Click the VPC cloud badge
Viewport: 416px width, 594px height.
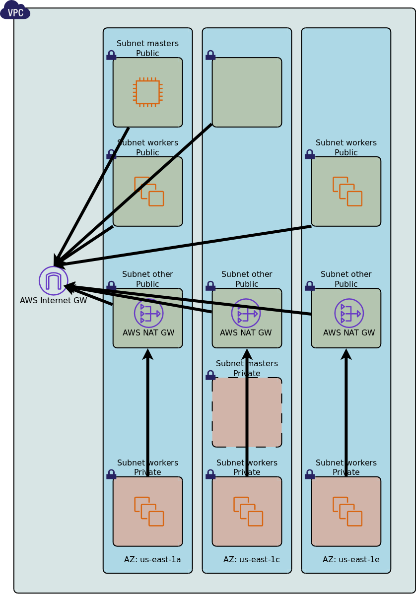point(15,11)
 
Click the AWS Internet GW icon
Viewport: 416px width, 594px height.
point(54,281)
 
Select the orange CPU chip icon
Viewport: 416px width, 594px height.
point(147,92)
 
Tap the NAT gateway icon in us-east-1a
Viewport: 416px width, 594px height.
point(148,313)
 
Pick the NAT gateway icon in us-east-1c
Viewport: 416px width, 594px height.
point(246,313)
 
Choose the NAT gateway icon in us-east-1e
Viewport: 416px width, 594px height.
point(349,313)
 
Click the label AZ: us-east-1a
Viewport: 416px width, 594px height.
point(152,560)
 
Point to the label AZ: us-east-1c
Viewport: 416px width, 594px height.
point(251,560)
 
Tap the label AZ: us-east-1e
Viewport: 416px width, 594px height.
point(351,560)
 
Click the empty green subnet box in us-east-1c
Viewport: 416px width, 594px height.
point(247,92)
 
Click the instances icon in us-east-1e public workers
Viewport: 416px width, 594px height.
point(347,192)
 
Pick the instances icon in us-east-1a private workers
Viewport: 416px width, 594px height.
point(149,512)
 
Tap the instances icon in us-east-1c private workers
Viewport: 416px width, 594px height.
point(248,512)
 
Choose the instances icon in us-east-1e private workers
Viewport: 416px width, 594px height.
point(347,512)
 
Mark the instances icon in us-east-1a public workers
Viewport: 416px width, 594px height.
point(149,192)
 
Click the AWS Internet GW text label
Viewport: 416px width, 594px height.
point(54,301)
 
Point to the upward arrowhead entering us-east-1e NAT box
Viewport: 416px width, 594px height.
point(346,354)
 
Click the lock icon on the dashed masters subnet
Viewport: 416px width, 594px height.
point(210,375)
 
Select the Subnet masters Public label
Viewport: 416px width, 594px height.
point(147,48)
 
